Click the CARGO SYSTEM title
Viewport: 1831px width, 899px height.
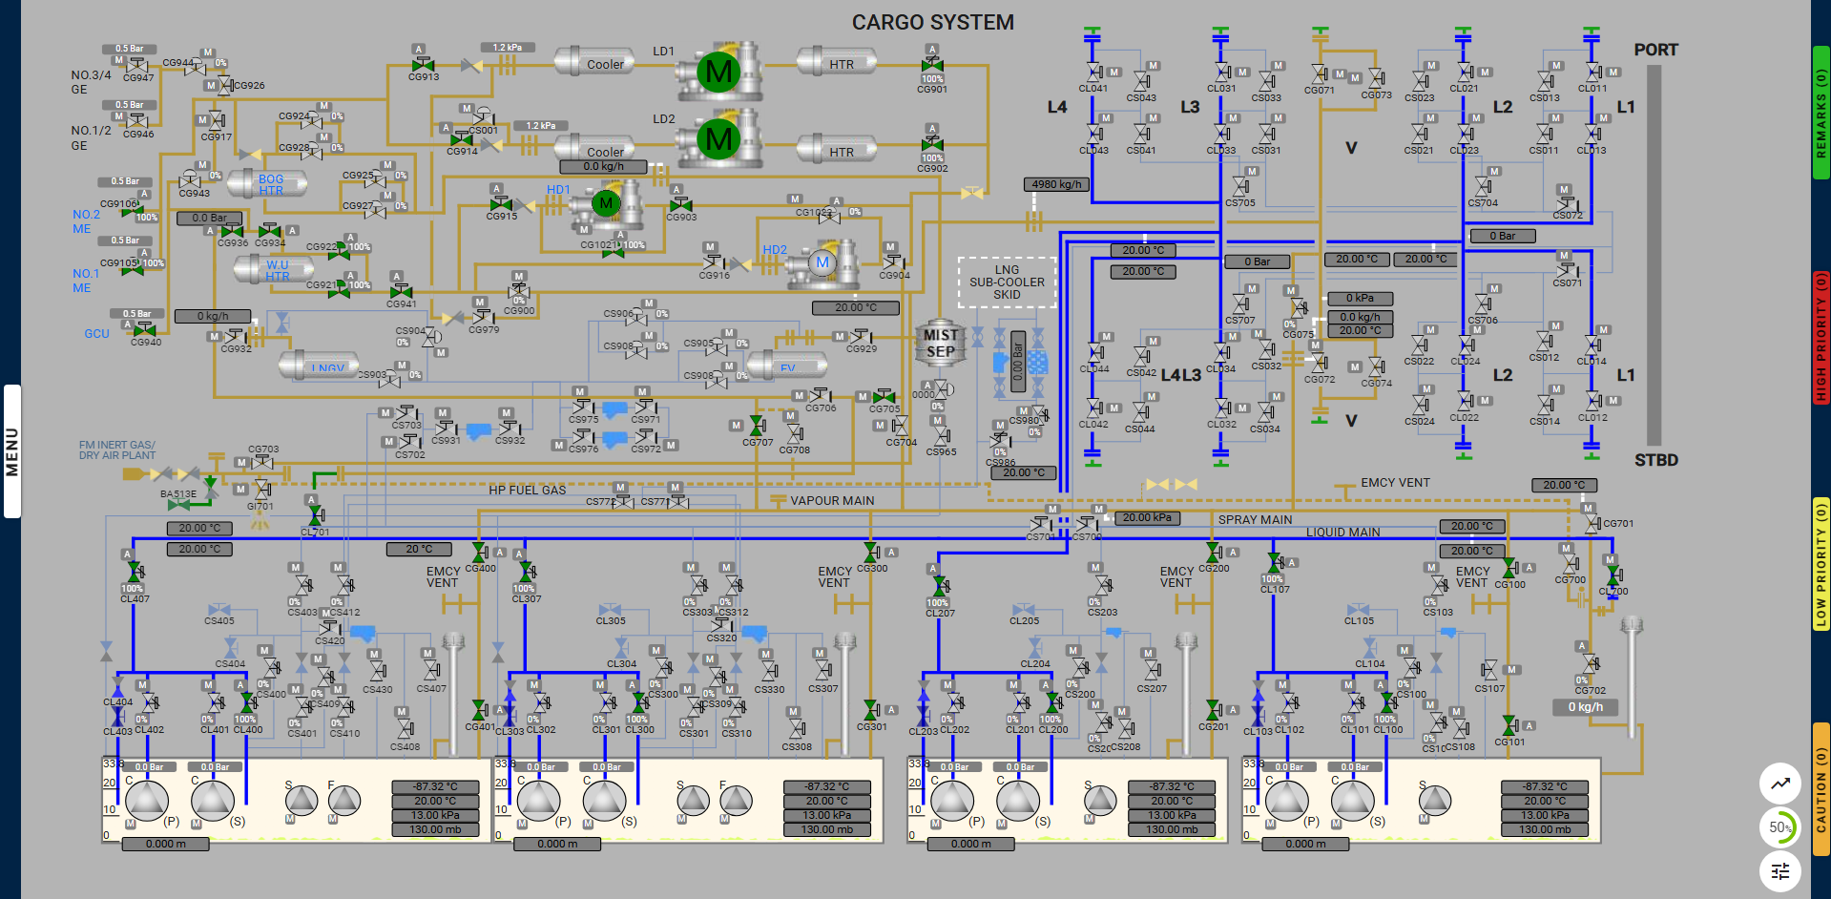tap(932, 22)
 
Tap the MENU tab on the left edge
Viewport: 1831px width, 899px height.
tap(11, 451)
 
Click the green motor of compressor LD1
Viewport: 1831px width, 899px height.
tap(718, 71)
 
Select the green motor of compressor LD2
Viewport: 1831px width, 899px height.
tap(718, 139)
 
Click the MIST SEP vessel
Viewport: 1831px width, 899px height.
tap(940, 344)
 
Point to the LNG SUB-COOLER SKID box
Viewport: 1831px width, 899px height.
tap(1007, 282)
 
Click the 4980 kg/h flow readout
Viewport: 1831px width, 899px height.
tap(1056, 184)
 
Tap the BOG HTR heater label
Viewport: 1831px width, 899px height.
tap(271, 185)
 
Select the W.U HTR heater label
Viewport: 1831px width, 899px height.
tap(277, 271)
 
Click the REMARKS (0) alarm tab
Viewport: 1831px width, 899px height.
tap(1821, 113)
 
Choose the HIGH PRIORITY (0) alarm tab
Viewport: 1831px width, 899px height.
tap(1821, 337)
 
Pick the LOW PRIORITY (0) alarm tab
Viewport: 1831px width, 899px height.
tap(1821, 564)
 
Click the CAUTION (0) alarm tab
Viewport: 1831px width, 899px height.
tap(1821, 789)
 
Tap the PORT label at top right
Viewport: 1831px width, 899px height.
tap(1655, 50)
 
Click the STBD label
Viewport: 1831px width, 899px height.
tap(1655, 460)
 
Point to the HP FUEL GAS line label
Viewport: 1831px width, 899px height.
tap(527, 491)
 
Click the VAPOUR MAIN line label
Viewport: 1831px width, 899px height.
tap(832, 501)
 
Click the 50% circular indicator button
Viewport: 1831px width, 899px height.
tap(1779, 827)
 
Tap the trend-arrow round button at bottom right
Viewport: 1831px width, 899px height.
tap(1779, 784)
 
